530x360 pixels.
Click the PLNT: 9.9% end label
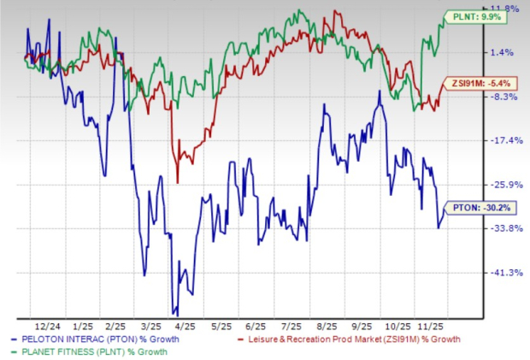pos(472,15)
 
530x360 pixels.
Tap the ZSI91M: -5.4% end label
pos(471,84)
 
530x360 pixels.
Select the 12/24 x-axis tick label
pos(46,326)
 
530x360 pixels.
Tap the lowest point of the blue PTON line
pos(176,314)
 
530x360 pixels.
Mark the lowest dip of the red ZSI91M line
pos(177,182)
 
